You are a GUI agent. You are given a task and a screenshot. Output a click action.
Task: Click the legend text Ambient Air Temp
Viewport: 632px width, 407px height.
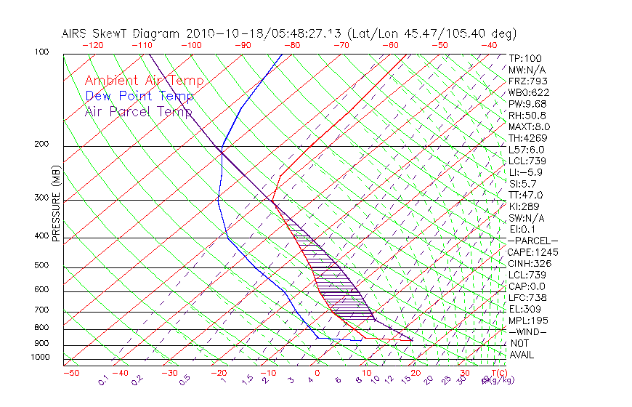click(x=144, y=81)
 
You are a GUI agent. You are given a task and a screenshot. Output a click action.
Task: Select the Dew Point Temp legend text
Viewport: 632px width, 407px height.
click(x=139, y=96)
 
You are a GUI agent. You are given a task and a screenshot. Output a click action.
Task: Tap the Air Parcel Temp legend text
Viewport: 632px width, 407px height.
click(x=139, y=111)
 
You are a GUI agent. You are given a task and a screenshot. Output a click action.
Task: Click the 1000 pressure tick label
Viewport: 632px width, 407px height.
click(x=41, y=358)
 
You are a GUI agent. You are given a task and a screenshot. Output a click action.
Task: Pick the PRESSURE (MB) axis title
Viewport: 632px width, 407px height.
click(x=56, y=203)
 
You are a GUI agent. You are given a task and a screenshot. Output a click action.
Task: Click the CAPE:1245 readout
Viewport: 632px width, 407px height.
click(x=533, y=252)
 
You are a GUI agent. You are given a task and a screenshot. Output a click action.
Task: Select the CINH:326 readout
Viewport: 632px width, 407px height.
click(x=530, y=264)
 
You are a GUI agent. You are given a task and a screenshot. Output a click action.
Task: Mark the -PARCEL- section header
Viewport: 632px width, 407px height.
click(x=533, y=241)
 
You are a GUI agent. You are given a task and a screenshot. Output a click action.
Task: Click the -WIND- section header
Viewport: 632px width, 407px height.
click(x=528, y=331)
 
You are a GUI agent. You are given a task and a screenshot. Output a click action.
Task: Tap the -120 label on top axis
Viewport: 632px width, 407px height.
click(x=92, y=44)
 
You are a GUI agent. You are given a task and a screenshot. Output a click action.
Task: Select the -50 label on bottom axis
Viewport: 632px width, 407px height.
click(x=70, y=373)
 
